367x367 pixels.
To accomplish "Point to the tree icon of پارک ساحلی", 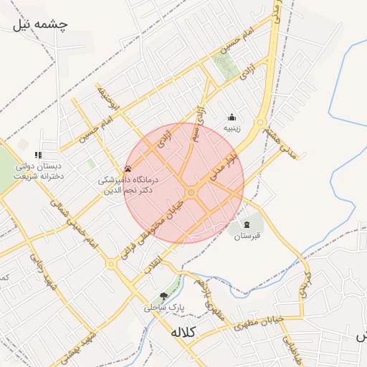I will tap(163, 296).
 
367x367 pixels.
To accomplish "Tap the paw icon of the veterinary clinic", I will tap(128, 169).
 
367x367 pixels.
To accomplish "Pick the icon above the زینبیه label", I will tap(232, 118).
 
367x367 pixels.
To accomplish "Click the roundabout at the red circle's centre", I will tap(191, 193).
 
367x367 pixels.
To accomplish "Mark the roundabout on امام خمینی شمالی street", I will tap(110, 264).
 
